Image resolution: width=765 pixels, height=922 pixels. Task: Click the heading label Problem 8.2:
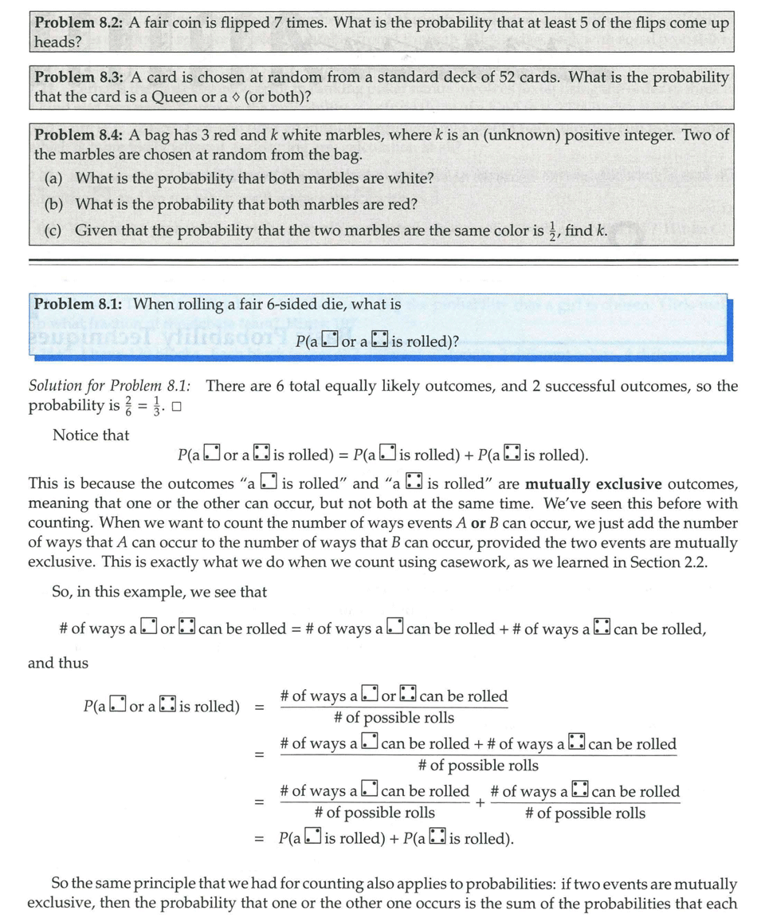coord(76,22)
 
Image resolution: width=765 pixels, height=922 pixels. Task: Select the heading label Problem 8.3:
coord(76,77)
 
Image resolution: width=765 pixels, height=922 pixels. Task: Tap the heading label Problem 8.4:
coord(76,136)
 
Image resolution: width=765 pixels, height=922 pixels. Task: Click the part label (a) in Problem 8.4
coord(55,178)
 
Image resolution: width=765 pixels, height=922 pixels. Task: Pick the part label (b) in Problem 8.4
coord(55,204)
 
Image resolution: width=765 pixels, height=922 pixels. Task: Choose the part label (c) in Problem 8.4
coord(55,230)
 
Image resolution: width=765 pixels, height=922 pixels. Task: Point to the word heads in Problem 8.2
coord(53,42)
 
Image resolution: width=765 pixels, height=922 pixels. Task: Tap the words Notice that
coord(91,435)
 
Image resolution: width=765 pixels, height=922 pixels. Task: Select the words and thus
coord(58,663)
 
